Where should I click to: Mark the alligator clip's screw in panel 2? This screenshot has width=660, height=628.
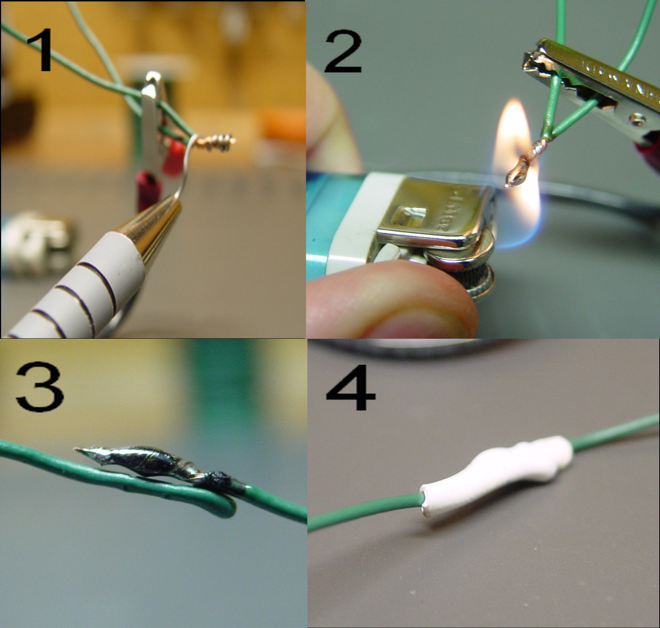[x=636, y=118]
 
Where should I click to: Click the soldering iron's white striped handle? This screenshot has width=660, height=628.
[x=79, y=298]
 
